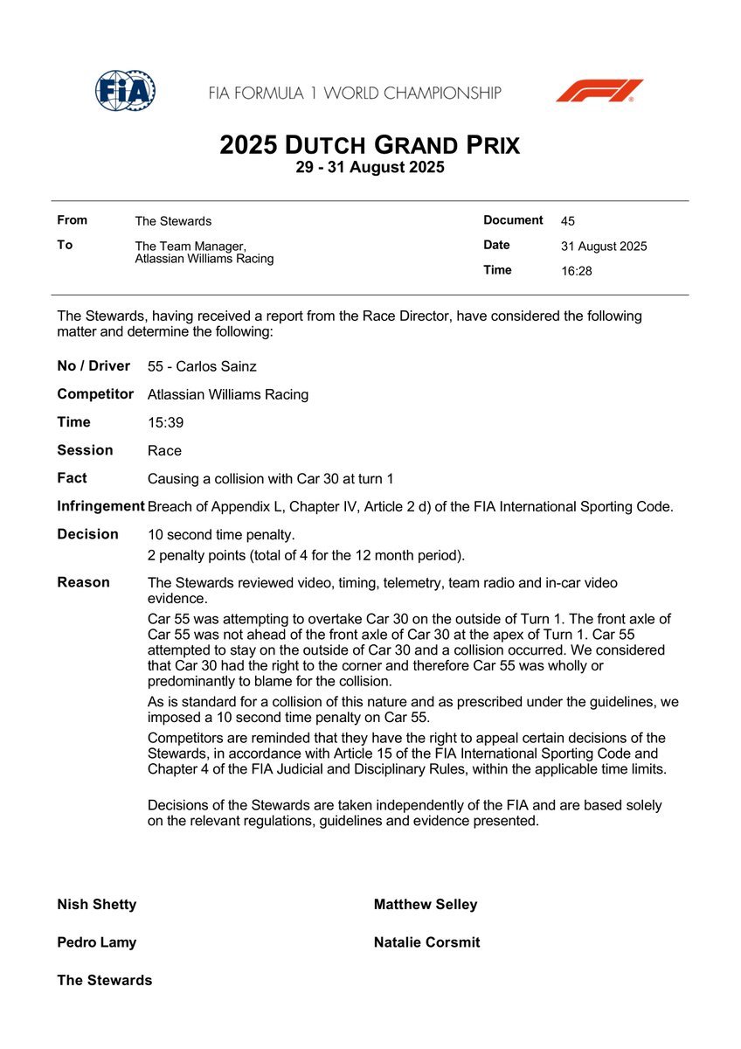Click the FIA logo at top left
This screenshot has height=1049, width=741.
(x=125, y=90)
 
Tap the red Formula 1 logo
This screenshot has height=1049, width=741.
(x=599, y=91)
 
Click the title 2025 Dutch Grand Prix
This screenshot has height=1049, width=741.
(x=370, y=144)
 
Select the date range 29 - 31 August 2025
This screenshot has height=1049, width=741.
(x=370, y=168)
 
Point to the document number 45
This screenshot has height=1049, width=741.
(x=568, y=221)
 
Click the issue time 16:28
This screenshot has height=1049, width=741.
(x=576, y=271)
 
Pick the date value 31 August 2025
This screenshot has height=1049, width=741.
(x=604, y=247)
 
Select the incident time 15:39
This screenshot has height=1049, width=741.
(x=164, y=422)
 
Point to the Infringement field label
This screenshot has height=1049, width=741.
(x=100, y=506)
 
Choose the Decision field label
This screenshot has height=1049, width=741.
(x=87, y=534)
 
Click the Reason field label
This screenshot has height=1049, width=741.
(x=83, y=582)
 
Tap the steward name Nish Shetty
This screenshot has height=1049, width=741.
(x=97, y=905)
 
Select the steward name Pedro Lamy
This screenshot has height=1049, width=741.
(x=96, y=942)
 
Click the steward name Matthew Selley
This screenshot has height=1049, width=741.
(x=426, y=905)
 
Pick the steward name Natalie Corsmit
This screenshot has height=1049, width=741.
(x=426, y=942)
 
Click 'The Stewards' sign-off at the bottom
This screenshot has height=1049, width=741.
(x=104, y=981)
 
